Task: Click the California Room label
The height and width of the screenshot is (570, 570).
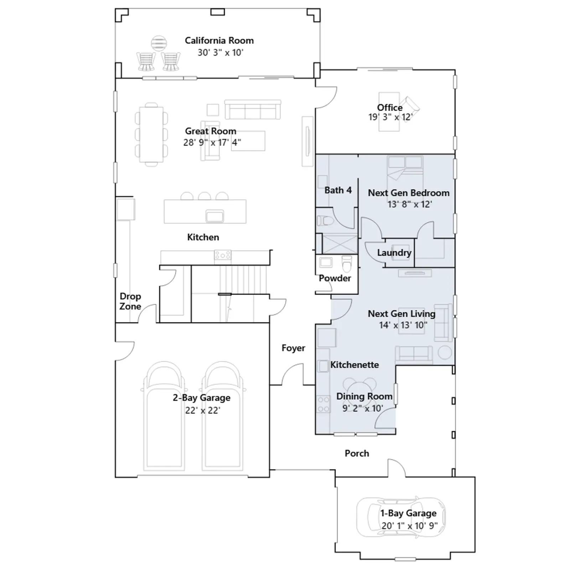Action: (x=219, y=41)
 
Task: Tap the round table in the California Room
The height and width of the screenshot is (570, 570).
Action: (x=159, y=44)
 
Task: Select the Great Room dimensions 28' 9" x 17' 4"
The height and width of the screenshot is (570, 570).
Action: (x=212, y=142)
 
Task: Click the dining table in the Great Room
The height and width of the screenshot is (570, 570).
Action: (x=151, y=134)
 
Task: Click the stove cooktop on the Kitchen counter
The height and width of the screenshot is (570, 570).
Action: (x=223, y=255)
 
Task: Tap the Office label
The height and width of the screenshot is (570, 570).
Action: (x=390, y=108)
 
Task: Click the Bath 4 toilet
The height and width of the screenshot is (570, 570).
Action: (x=325, y=221)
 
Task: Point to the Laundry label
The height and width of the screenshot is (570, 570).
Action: (x=394, y=253)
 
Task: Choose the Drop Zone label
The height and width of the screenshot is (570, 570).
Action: (x=130, y=301)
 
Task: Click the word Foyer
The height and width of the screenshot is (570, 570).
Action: (x=293, y=348)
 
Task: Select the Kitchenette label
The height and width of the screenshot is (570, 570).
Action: (x=354, y=365)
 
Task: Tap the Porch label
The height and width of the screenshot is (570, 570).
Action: (x=357, y=454)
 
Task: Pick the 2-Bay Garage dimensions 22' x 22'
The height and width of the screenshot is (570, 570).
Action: (x=203, y=410)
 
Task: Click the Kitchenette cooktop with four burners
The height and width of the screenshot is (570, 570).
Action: (x=323, y=404)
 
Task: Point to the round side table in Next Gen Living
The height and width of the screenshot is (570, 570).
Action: (x=445, y=353)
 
